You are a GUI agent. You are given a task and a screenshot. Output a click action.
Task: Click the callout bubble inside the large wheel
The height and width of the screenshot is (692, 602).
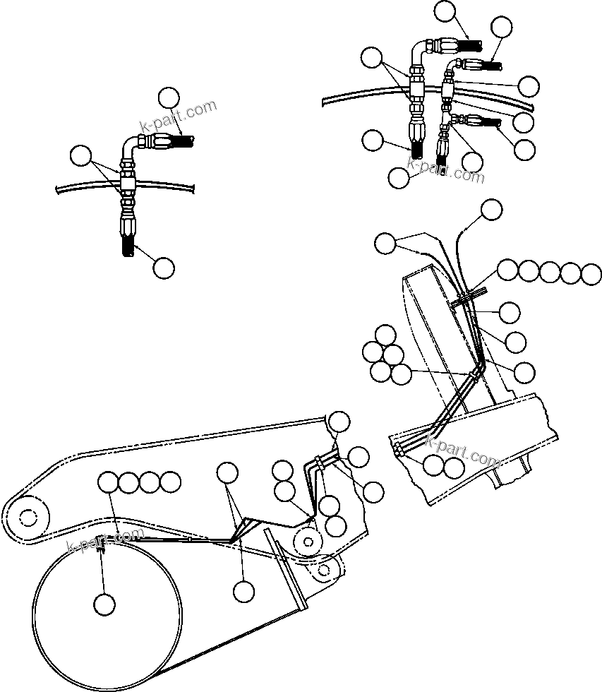pos(104,604)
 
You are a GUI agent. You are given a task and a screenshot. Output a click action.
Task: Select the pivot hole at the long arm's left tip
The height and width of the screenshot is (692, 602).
pos(27,518)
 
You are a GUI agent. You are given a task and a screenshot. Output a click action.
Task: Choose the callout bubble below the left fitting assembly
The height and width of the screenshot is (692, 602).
pos(163,267)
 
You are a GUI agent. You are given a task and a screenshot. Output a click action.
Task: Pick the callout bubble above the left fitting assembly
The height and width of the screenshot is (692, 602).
pos(169,97)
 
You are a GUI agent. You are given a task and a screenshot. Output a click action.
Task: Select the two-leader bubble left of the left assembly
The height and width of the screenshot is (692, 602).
pos(81,155)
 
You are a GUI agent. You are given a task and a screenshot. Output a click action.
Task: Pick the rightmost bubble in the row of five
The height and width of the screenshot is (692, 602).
pos(591,273)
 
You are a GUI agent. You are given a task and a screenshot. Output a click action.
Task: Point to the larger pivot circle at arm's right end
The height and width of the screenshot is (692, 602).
pos(308,541)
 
